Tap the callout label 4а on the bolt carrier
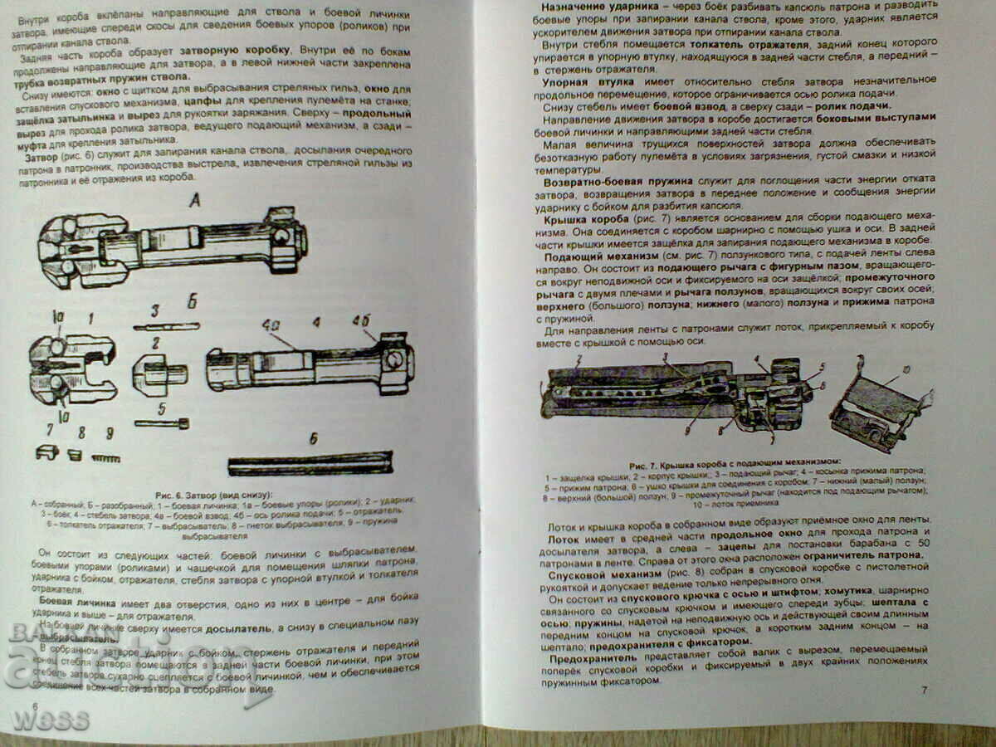(x=270, y=323)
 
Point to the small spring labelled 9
(x=107, y=457)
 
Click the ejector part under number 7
(x=46, y=453)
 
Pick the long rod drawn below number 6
(x=310, y=462)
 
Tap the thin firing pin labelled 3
(x=166, y=326)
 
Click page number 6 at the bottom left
(x=35, y=705)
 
